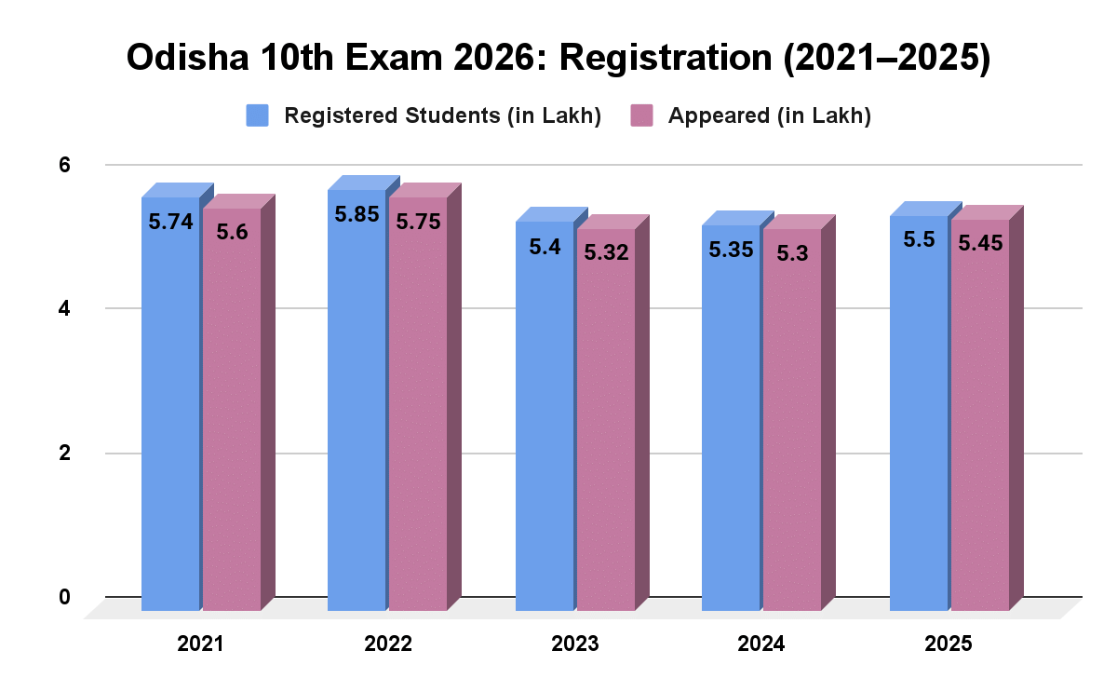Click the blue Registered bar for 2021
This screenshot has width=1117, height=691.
[170, 410]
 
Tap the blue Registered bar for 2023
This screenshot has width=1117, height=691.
[545, 419]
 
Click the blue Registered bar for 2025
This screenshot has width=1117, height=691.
[919, 419]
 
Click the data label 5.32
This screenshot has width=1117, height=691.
[605, 251]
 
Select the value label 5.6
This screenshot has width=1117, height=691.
[232, 232]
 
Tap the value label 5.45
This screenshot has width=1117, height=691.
[979, 241]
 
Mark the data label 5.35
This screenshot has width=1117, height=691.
[732, 250]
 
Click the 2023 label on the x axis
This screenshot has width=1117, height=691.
[574, 644]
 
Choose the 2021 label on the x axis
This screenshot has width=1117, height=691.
[201, 644]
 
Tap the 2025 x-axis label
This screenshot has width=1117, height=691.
[949, 644]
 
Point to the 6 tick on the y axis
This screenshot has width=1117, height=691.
[64, 165]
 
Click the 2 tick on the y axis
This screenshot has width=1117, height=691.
[64, 454]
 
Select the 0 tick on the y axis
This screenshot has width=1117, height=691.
[64, 597]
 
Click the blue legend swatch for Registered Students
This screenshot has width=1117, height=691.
[257, 115]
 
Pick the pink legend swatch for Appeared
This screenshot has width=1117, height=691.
[642, 115]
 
